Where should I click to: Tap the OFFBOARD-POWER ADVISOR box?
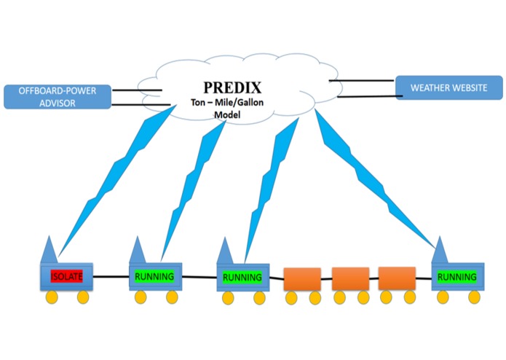pos(59,97)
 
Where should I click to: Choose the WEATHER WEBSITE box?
pos(448,87)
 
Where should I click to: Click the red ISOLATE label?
pos(66,276)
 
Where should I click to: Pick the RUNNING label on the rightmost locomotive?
pos(457,277)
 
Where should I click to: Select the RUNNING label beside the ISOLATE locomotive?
pos(154,276)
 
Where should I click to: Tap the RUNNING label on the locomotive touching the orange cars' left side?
pos(242,277)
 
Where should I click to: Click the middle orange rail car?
pos(350,279)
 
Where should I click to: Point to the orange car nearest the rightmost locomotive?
pos(397,278)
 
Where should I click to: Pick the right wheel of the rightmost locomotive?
pos(474,297)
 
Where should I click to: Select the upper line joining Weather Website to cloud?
pos(362,81)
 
